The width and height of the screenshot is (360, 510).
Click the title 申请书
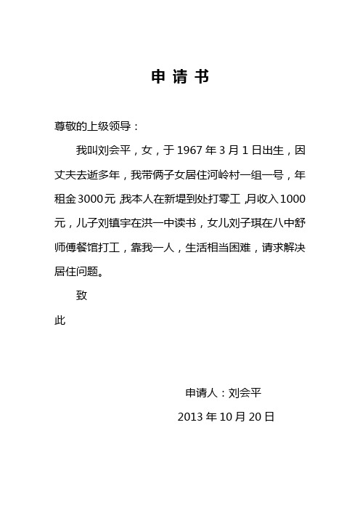[x=180, y=78]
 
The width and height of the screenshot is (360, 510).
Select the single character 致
[x=82, y=296]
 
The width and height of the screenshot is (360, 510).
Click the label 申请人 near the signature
[x=201, y=393]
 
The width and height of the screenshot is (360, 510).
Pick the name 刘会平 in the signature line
[x=245, y=393]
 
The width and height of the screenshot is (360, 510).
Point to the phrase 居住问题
[x=76, y=272]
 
